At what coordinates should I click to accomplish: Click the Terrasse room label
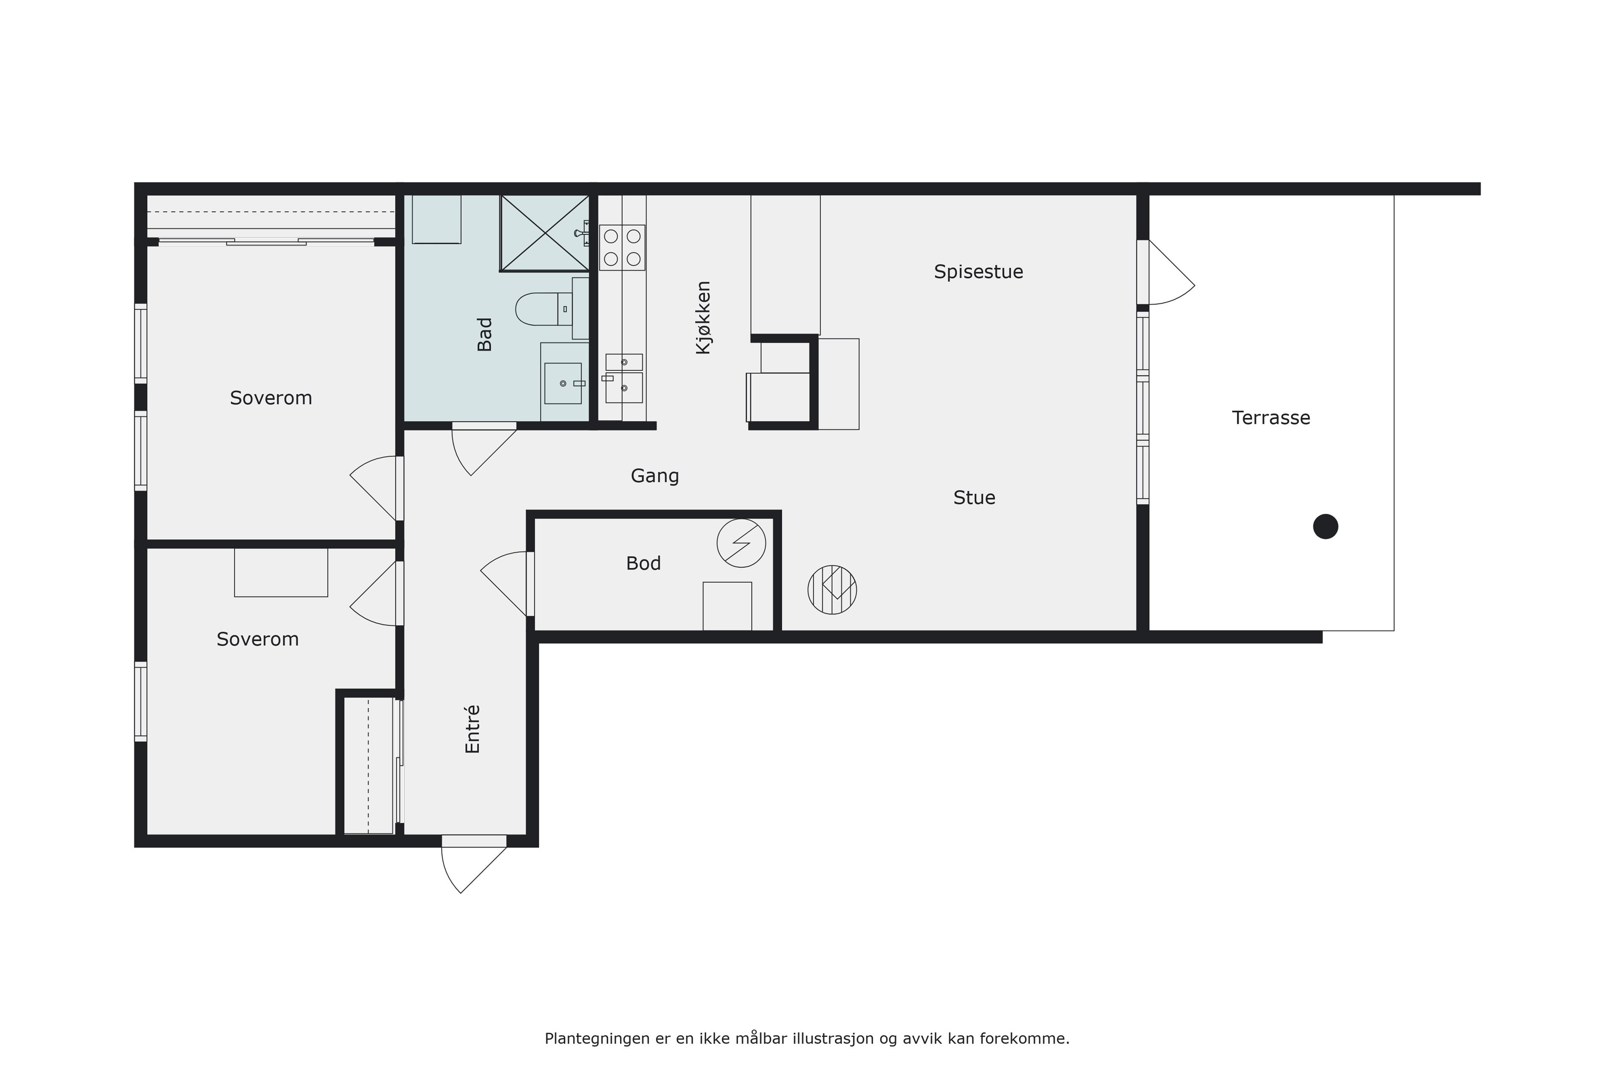pos(1271,418)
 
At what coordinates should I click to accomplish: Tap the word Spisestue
pos(979,272)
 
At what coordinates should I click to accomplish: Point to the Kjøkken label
pos(703,318)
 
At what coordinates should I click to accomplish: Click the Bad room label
pos(485,334)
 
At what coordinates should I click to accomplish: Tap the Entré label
pos(472,730)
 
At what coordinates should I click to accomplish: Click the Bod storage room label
pos(643,563)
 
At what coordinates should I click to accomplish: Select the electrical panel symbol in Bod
pos(741,543)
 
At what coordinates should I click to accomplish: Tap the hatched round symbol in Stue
pos(832,589)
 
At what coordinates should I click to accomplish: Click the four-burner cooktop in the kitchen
pos(622,247)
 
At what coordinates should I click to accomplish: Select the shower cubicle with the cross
pos(545,233)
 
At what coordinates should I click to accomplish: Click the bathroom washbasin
pos(563,383)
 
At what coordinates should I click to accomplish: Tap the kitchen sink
pos(623,379)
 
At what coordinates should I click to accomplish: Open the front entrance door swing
pos(474,864)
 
